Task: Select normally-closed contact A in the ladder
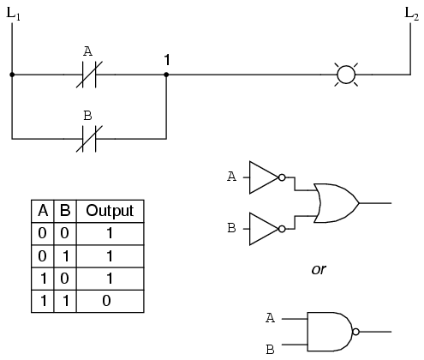(x=87, y=75)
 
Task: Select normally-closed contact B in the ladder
(x=87, y=136)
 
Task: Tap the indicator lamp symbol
(x=346, y=75)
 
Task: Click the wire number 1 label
(x=166, y=59)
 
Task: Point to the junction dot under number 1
(x=166, y=75)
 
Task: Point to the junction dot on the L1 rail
(x=12, y=75)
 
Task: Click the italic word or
(x=318, y=269)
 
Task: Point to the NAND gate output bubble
(x=355, y=331)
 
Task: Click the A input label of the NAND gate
(x=270, y=317)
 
